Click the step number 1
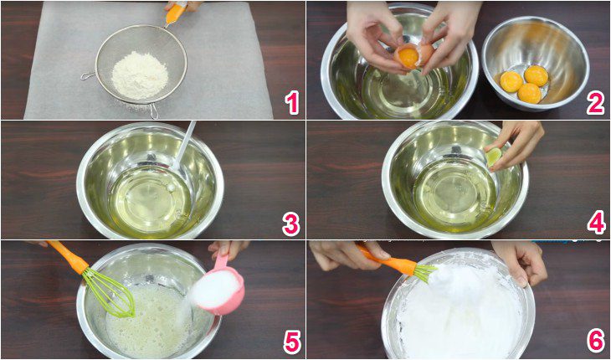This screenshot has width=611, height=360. (290, 102)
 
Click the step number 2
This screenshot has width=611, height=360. (595, 102)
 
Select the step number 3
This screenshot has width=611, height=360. (290, 223)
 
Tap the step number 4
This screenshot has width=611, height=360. (595, 223)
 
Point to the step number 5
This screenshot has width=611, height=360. (290, 342)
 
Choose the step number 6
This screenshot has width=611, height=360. (595, 342)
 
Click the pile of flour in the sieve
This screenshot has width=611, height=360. (140, 73)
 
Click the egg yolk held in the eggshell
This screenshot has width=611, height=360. (408, 57)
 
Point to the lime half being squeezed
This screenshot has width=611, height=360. (494, 156)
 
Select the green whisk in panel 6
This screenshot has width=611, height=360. (424, 272)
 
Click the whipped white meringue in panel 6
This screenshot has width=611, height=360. (456, 314)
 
